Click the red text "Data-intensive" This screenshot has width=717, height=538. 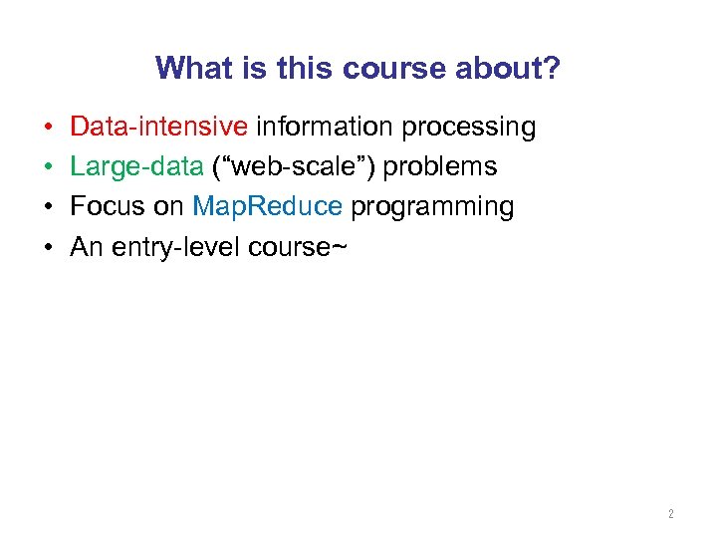tap(159, 128)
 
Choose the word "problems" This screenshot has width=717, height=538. tap(440, 167)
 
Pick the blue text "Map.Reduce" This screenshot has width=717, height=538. tap(268, 207)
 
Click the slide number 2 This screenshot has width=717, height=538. tap(670, 514)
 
